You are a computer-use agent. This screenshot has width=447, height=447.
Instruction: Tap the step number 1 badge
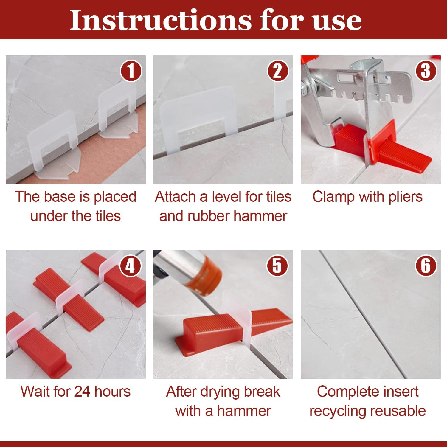131,71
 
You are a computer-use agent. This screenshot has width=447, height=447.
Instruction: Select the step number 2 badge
278,71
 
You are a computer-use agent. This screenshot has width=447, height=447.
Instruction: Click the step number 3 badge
426,71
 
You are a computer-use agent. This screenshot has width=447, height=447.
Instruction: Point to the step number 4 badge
130,266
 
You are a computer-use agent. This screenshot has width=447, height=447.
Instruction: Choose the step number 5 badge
277,266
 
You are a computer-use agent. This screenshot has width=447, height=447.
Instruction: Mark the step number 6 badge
426,266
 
